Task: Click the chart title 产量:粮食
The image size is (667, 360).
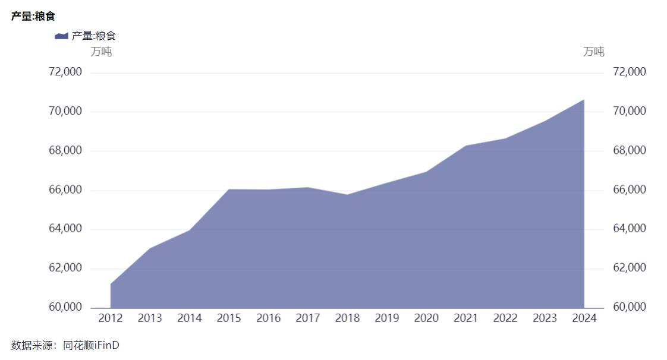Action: point(33,16)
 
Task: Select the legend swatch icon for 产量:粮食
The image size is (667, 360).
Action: point(61,36)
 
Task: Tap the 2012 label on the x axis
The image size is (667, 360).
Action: point(111,318)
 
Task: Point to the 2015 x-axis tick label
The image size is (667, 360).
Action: point(229,318)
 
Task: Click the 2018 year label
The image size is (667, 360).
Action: point(347,318)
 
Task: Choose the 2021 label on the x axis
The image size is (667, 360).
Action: point(465,318)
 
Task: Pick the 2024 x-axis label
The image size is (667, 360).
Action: point(584,318)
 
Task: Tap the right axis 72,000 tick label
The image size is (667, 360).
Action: point(629,72)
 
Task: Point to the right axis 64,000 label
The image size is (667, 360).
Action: point(629,229)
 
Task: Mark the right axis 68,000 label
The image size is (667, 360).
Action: point(629,150)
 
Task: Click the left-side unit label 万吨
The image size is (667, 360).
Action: point(101,52)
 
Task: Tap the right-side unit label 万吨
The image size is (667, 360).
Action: point(594,52)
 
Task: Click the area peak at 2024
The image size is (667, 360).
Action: point(584,100)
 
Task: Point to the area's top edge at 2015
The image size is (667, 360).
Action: point(229,190)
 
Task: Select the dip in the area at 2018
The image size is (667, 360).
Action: point(347,195)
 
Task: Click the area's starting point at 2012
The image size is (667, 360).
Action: point(111,284)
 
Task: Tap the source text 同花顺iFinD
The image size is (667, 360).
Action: point(91,345)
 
